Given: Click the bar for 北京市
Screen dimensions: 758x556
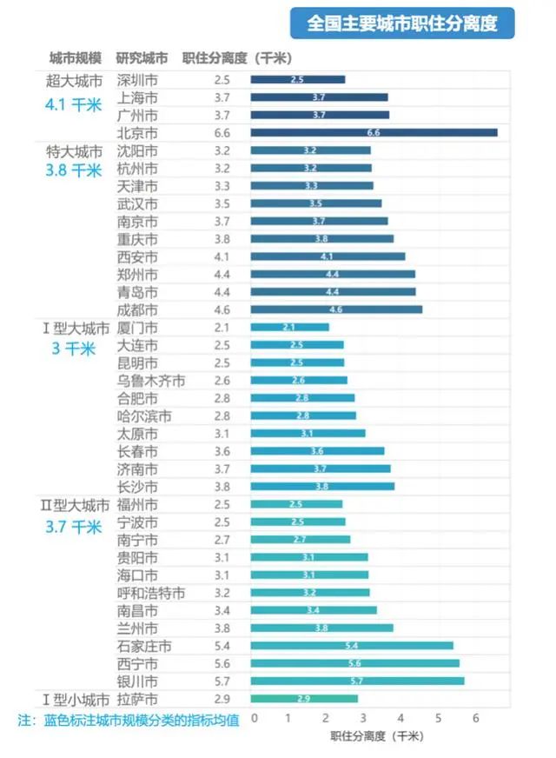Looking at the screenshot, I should pyautogui.click(x=374, y=133).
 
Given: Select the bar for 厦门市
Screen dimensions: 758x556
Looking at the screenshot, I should pyautogui.click(x=290, y=328).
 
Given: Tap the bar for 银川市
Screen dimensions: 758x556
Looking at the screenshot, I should pyautogui.click(x=357, y=681).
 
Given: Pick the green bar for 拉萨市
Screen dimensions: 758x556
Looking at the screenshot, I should pyautogui.click(x=304, y=699).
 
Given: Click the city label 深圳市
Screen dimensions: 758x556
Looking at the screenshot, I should pyautogui.click(x=137, y=80).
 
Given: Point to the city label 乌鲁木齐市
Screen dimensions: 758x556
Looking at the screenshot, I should pyautogui.click(x=150, y=381).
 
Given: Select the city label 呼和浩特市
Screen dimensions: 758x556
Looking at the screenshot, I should pyautogui.click(x=150, y=593).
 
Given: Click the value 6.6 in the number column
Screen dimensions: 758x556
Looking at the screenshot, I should pyautogui.click(x=222, y=133).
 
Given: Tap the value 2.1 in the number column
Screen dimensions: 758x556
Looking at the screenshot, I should pyautogui.click(x=222, y=328).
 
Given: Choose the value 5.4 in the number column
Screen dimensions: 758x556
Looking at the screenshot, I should pyautogui.click(x=222, y=646).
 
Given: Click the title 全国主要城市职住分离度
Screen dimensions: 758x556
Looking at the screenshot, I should pyautogui.click(x=402, y=23).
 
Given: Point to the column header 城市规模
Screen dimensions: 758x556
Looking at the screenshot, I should pyautogui.click(x=75, y=58).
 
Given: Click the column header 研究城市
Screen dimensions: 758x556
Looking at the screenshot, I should pyautogui.click(x=142, y=58).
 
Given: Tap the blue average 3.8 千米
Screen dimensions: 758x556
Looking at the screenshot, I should pyautogui.click(x=74, y=170).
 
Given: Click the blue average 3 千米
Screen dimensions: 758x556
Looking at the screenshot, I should pyautogui.click(x=74, y=349).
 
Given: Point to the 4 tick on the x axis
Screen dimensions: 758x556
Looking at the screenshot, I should pyautogui.click(x=401, y=718).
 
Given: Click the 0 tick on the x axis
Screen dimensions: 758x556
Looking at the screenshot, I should pyautogui.click(x=254, y=718).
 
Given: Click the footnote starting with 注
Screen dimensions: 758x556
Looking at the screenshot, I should pyautogui.click(x=129, y=721).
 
